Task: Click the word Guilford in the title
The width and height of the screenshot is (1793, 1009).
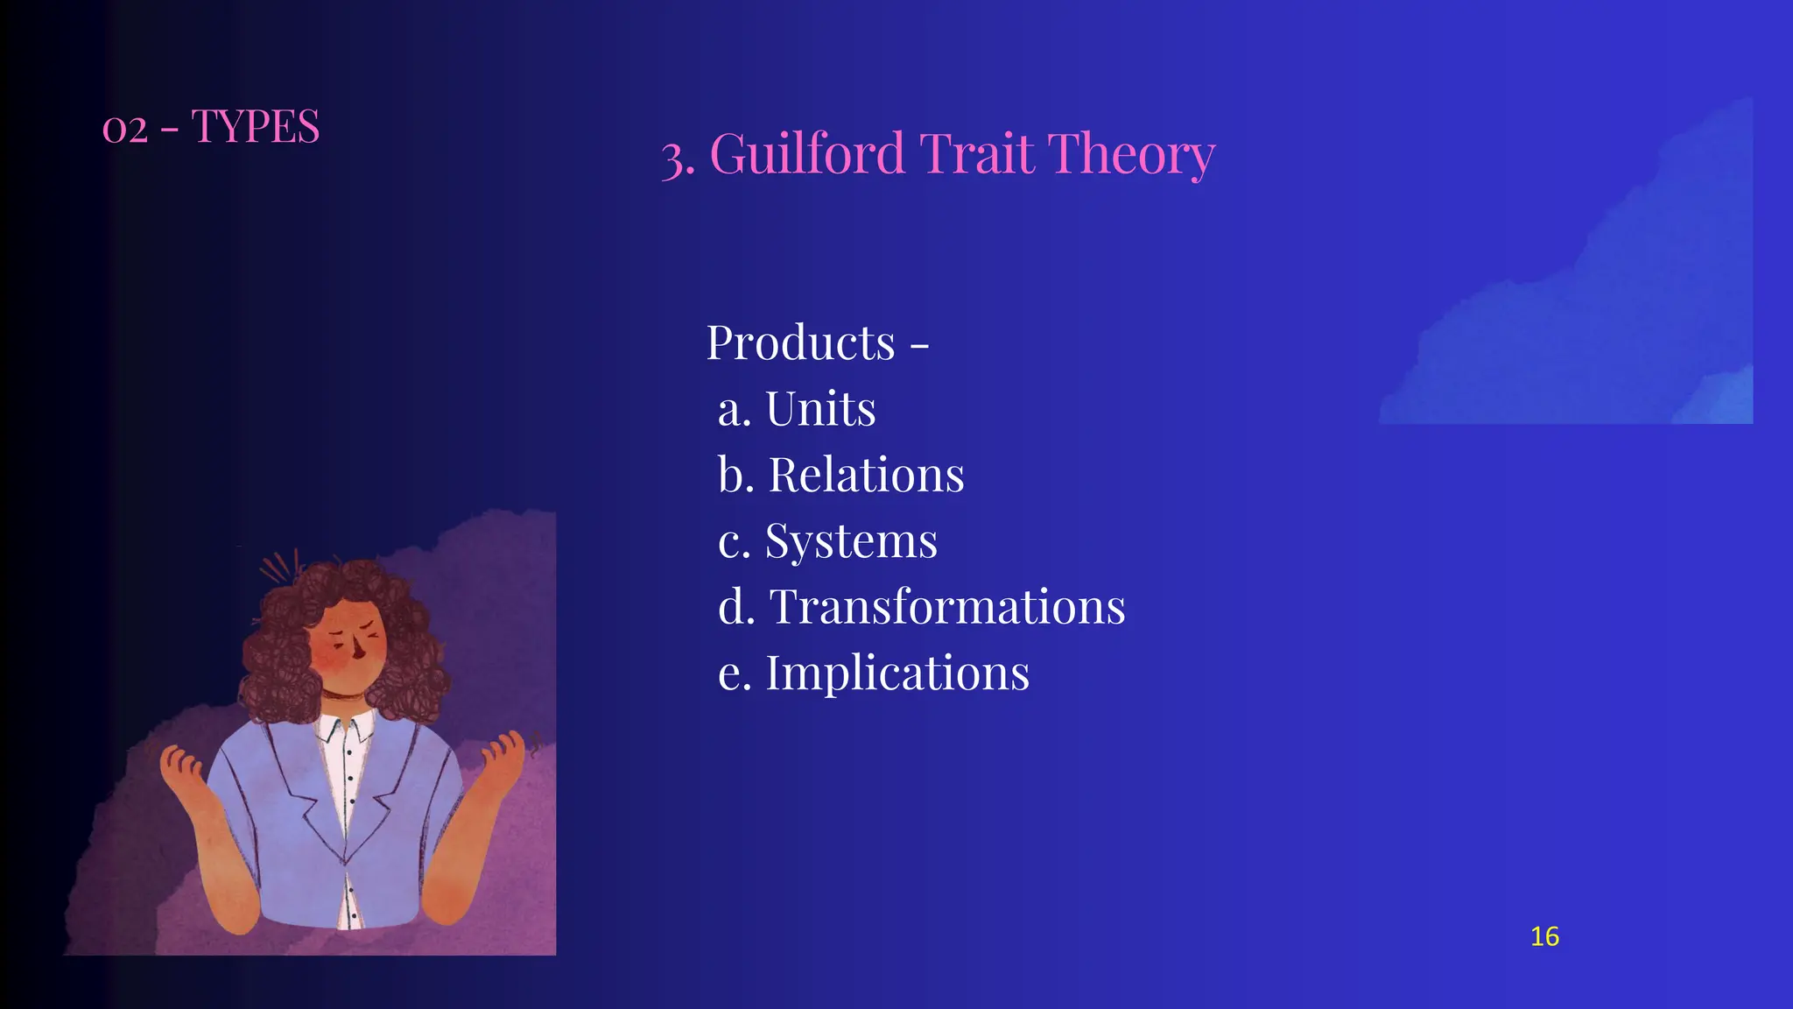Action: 806,154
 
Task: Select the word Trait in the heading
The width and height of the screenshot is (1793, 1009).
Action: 976,154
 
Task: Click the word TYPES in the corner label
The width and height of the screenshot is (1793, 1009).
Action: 255,127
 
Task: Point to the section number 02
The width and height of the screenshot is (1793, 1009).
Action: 124,130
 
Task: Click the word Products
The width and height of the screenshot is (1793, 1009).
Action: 800,342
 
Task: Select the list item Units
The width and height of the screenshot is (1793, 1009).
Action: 820,409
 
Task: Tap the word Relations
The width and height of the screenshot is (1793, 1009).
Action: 866,475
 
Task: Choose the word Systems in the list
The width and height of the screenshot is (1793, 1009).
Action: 851,540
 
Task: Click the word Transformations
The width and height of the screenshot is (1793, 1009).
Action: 947,606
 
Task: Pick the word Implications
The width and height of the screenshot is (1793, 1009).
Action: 897,673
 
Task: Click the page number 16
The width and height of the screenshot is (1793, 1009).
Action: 1544,936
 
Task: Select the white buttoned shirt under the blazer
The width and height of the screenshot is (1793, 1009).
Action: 348,771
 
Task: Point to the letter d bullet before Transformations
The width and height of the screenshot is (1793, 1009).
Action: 735,606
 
